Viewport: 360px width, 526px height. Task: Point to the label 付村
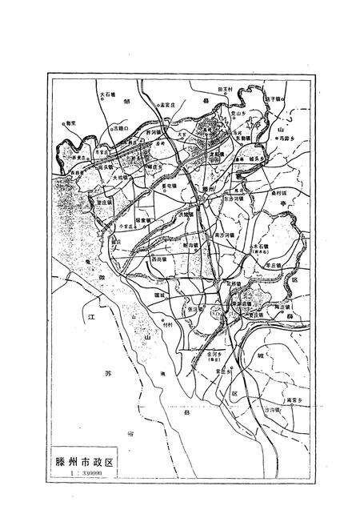pos(167,324)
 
